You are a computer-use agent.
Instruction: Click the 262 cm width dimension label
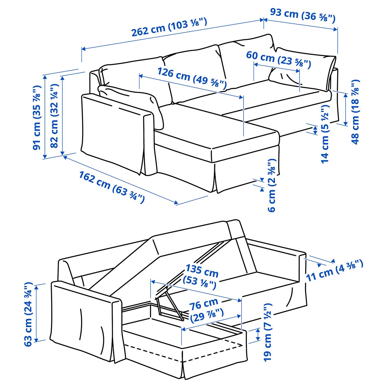[169, 27]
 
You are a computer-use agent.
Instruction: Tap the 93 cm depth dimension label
[303, 15]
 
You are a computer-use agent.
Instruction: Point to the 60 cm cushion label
[278, 59]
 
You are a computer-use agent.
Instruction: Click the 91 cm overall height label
[37, 118]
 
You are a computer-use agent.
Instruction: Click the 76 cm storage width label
[206, 310]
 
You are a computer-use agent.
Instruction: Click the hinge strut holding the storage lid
[169, 305]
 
